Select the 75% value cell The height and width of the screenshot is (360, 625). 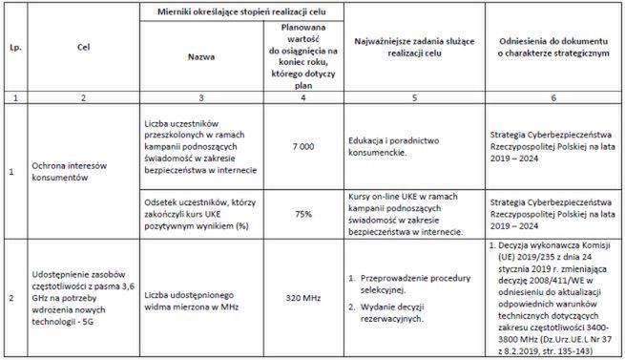coord(302,214)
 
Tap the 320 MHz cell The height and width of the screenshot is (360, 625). coord(302,298)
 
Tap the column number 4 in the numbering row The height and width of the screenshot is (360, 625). coord(302,96)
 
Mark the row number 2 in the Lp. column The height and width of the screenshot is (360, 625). coord(11,298)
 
